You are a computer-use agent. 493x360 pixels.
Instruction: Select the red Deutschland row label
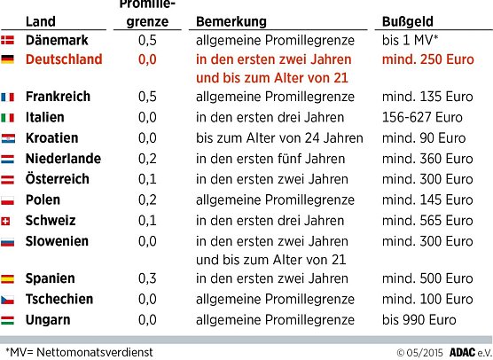(x=66, y=59)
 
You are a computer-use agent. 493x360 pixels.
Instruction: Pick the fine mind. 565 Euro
(x=426, y=221)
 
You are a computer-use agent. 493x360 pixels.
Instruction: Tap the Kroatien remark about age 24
(x=279, y=138)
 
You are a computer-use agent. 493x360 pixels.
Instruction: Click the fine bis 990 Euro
(x=419, y=319)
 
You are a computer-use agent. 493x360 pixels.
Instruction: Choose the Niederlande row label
(x=64, y=160)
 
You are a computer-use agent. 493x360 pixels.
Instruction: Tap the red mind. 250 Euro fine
(x=429, y=59)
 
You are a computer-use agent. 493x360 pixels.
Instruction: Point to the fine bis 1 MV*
(x=413, y=40)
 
